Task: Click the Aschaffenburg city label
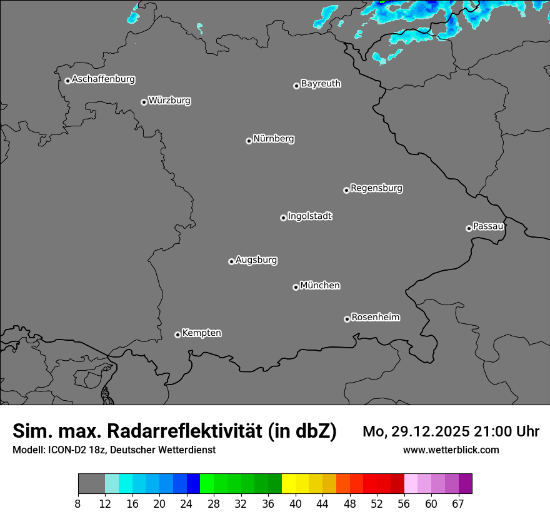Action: click(103, 79)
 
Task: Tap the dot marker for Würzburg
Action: click(144, 102)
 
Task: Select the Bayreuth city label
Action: click(321, 83)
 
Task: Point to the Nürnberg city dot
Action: click(249, 141)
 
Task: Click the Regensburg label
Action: click(376, 188)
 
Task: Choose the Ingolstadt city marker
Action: click(283, 218)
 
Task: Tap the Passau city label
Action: click(488, 226)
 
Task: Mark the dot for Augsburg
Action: click(231, 261)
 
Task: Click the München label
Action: click(320, 285)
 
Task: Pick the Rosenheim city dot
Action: click(347, 320)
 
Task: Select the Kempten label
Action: click(201, 333)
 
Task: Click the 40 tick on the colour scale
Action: click(296, 504)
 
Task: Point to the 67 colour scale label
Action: click(458, 504)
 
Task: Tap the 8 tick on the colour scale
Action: click(78, 504)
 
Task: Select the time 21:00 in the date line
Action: click(486, 431)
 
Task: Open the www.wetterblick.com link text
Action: click(451, 450)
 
